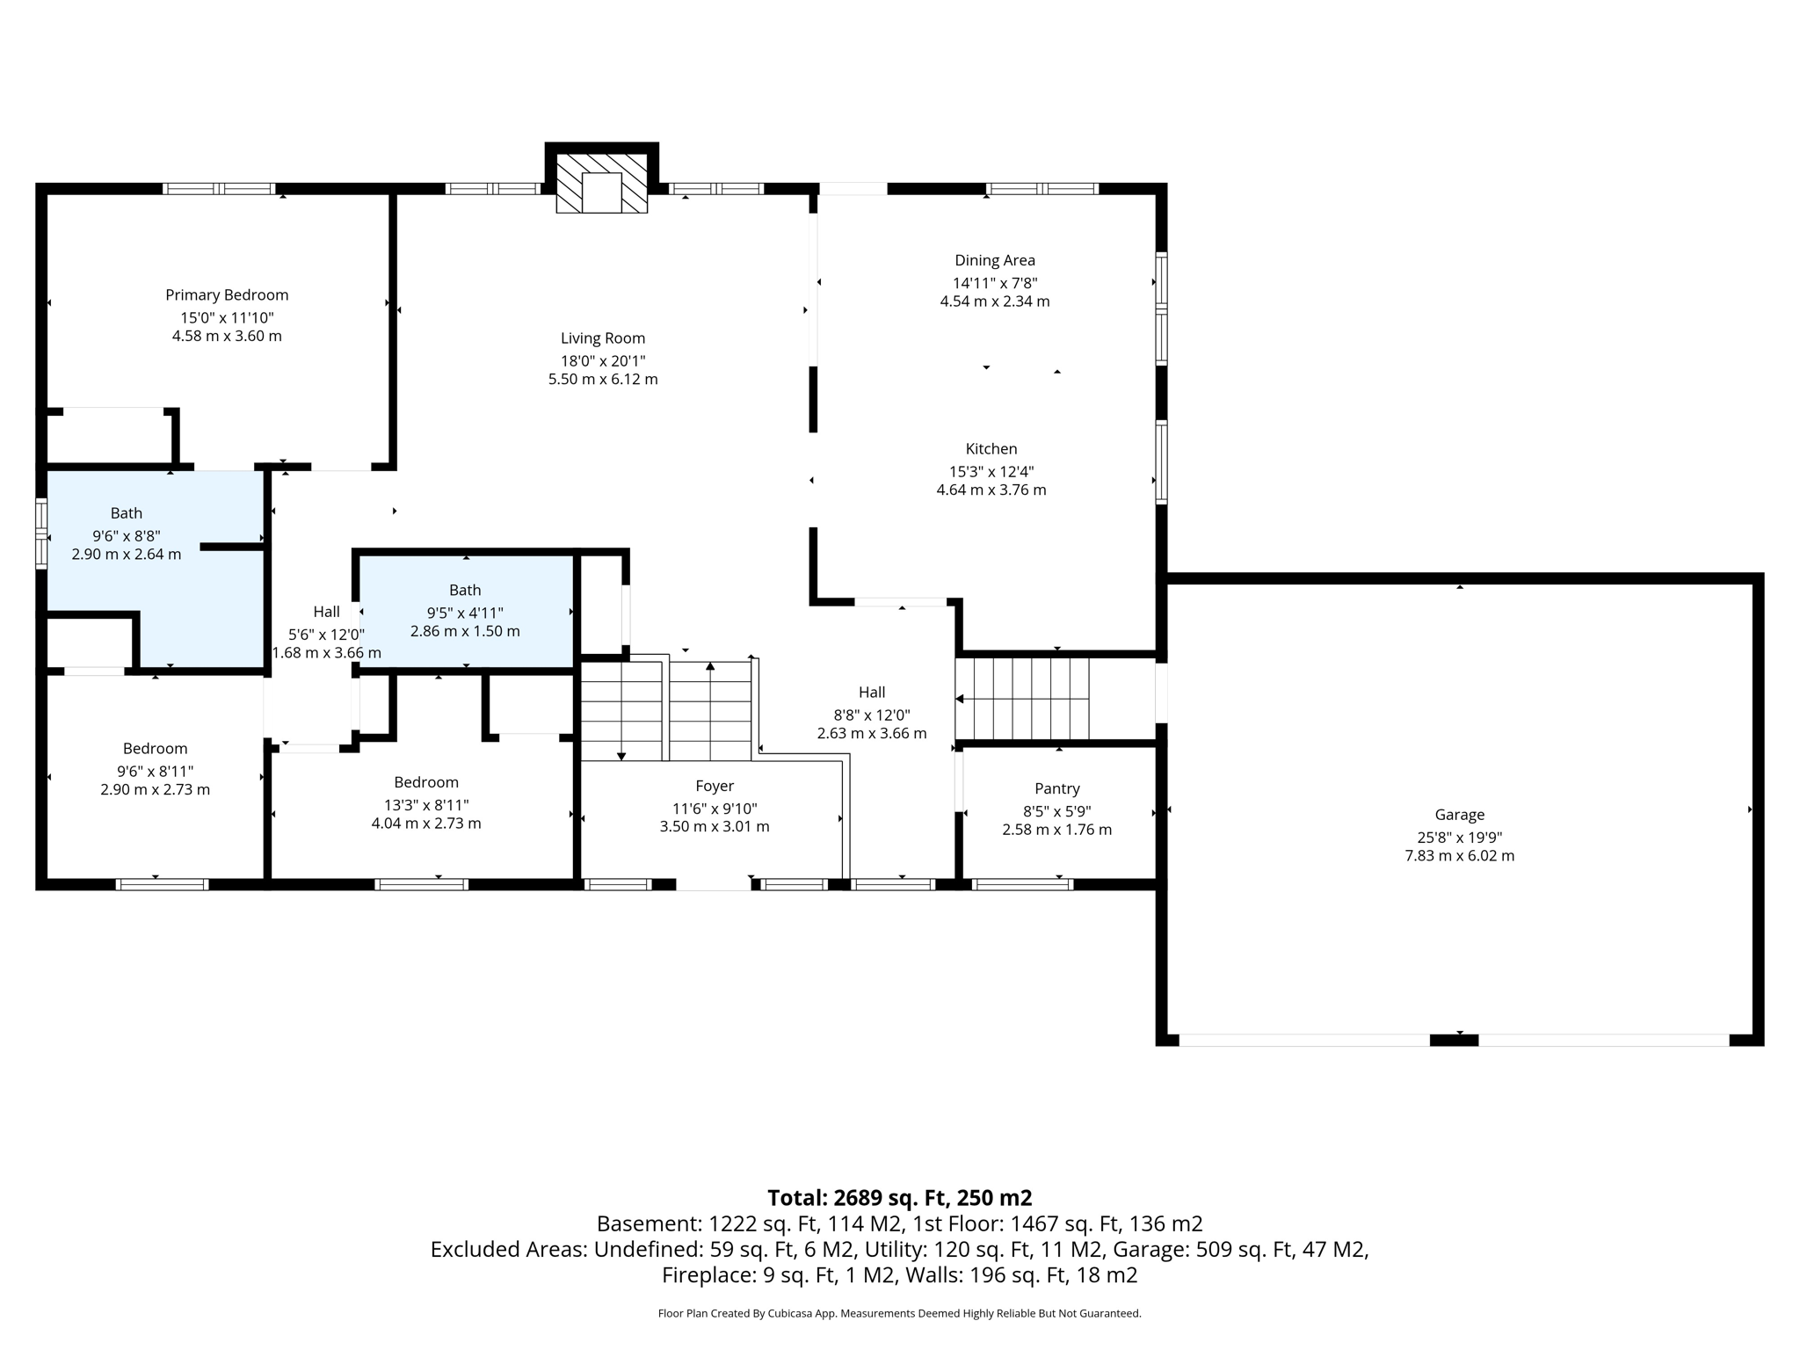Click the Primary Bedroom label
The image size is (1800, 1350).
click(227, 295)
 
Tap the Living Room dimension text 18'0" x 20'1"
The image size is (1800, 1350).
click(603, 361)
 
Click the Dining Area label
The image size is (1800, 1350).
click(995, 260)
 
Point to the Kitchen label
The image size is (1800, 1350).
click(991, 449)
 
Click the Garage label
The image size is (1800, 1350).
click(1459, 815)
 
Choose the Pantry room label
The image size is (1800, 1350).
click(1056, 789)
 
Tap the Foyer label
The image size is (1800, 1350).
click(715, 787)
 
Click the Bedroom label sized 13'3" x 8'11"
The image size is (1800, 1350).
click(426, 782)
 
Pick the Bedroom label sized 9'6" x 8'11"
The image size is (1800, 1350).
click(156, 749)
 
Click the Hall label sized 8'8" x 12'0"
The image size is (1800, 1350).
click(872, 693)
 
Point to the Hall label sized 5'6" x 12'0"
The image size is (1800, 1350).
click(327, 612)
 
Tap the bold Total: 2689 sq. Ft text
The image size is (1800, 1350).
click(899, 1198)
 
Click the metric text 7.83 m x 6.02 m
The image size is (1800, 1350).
click(1459, 856)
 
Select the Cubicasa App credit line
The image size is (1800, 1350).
click(899, 1314)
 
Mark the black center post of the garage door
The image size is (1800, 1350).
click(1454, 1041)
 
